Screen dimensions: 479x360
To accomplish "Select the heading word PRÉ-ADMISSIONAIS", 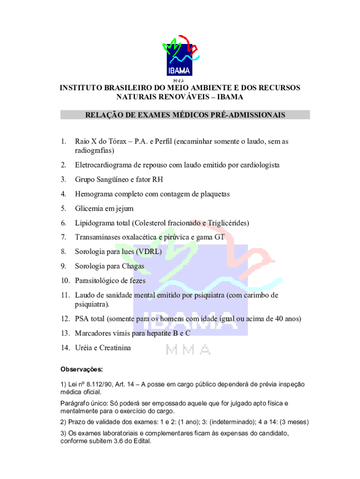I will (246, 115).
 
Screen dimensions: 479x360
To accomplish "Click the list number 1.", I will (63, 141).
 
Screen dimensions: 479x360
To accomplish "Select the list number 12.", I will (64, 319).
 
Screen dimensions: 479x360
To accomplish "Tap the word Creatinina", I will (114, 348).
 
